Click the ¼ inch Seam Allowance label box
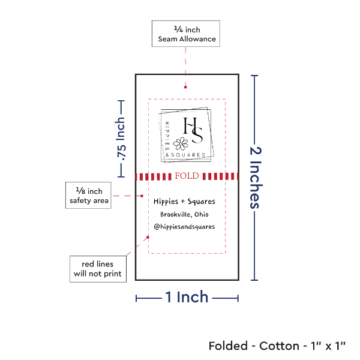click(185, 34)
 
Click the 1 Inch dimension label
click(187, 296)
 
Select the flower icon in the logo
click(180, 145)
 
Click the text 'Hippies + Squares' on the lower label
click(184, 202)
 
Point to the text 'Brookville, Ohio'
click(184, 215)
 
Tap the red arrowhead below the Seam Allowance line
click(185, 88)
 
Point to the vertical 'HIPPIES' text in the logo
click(166, 133)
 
